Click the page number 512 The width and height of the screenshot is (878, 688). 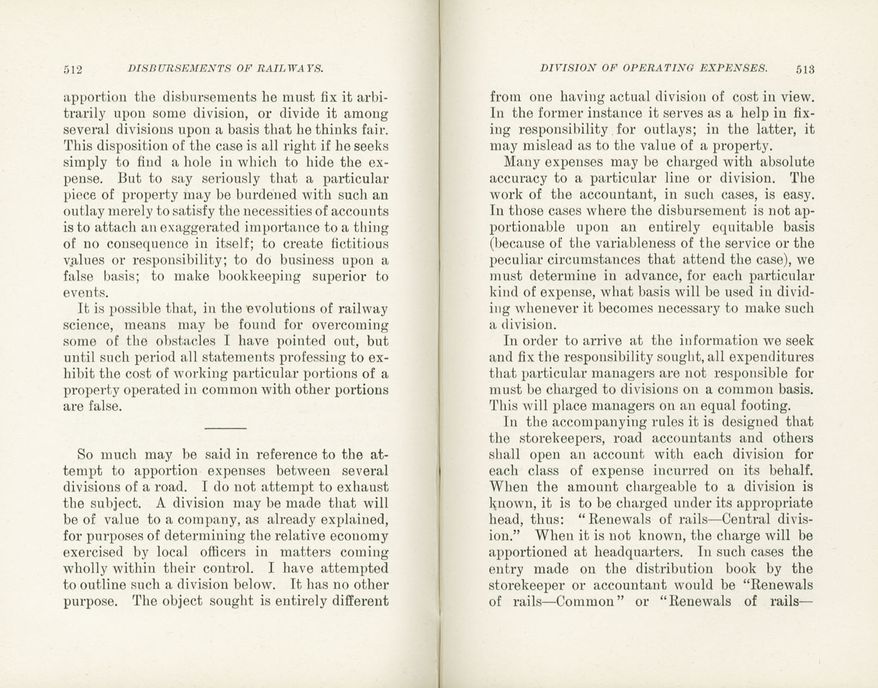73,69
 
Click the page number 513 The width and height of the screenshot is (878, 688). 805,69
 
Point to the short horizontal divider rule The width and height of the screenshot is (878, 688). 225,428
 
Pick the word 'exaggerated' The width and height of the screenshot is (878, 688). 196,228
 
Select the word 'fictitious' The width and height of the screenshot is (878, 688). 357,244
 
